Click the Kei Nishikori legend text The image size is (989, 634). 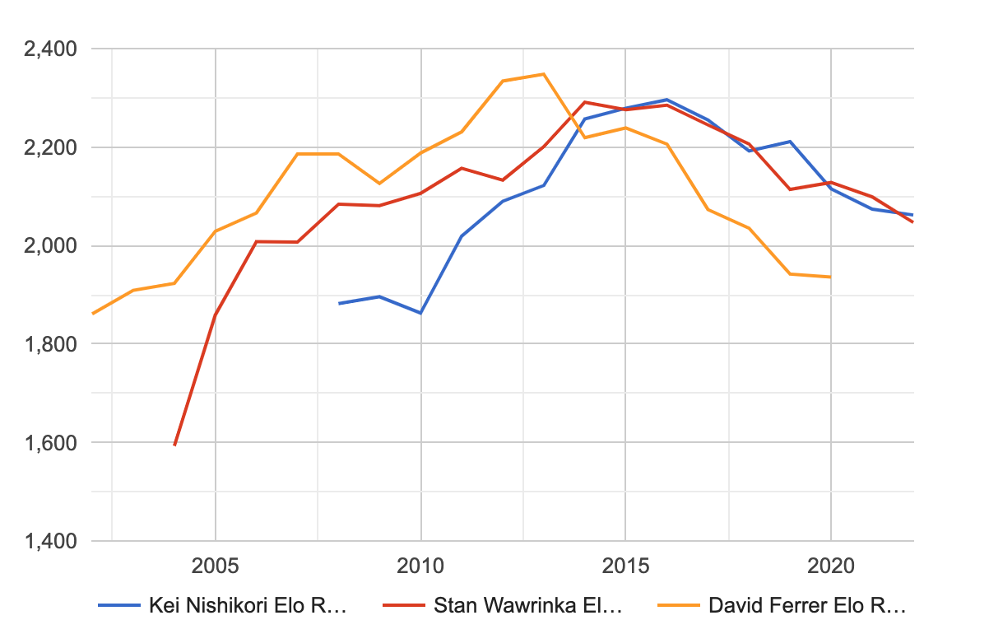(x=248, y=607)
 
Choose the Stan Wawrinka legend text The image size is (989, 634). (x=527, y=607)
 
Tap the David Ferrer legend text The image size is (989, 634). (x=806, y=607)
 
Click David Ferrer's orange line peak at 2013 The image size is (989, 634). (x=544, y=74)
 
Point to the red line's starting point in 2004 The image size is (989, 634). (x=174, y=445)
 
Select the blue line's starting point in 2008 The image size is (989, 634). (x=339, y=304)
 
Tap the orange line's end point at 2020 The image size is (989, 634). (x=831, y=277)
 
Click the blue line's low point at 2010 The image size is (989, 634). (x=420, y=313)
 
